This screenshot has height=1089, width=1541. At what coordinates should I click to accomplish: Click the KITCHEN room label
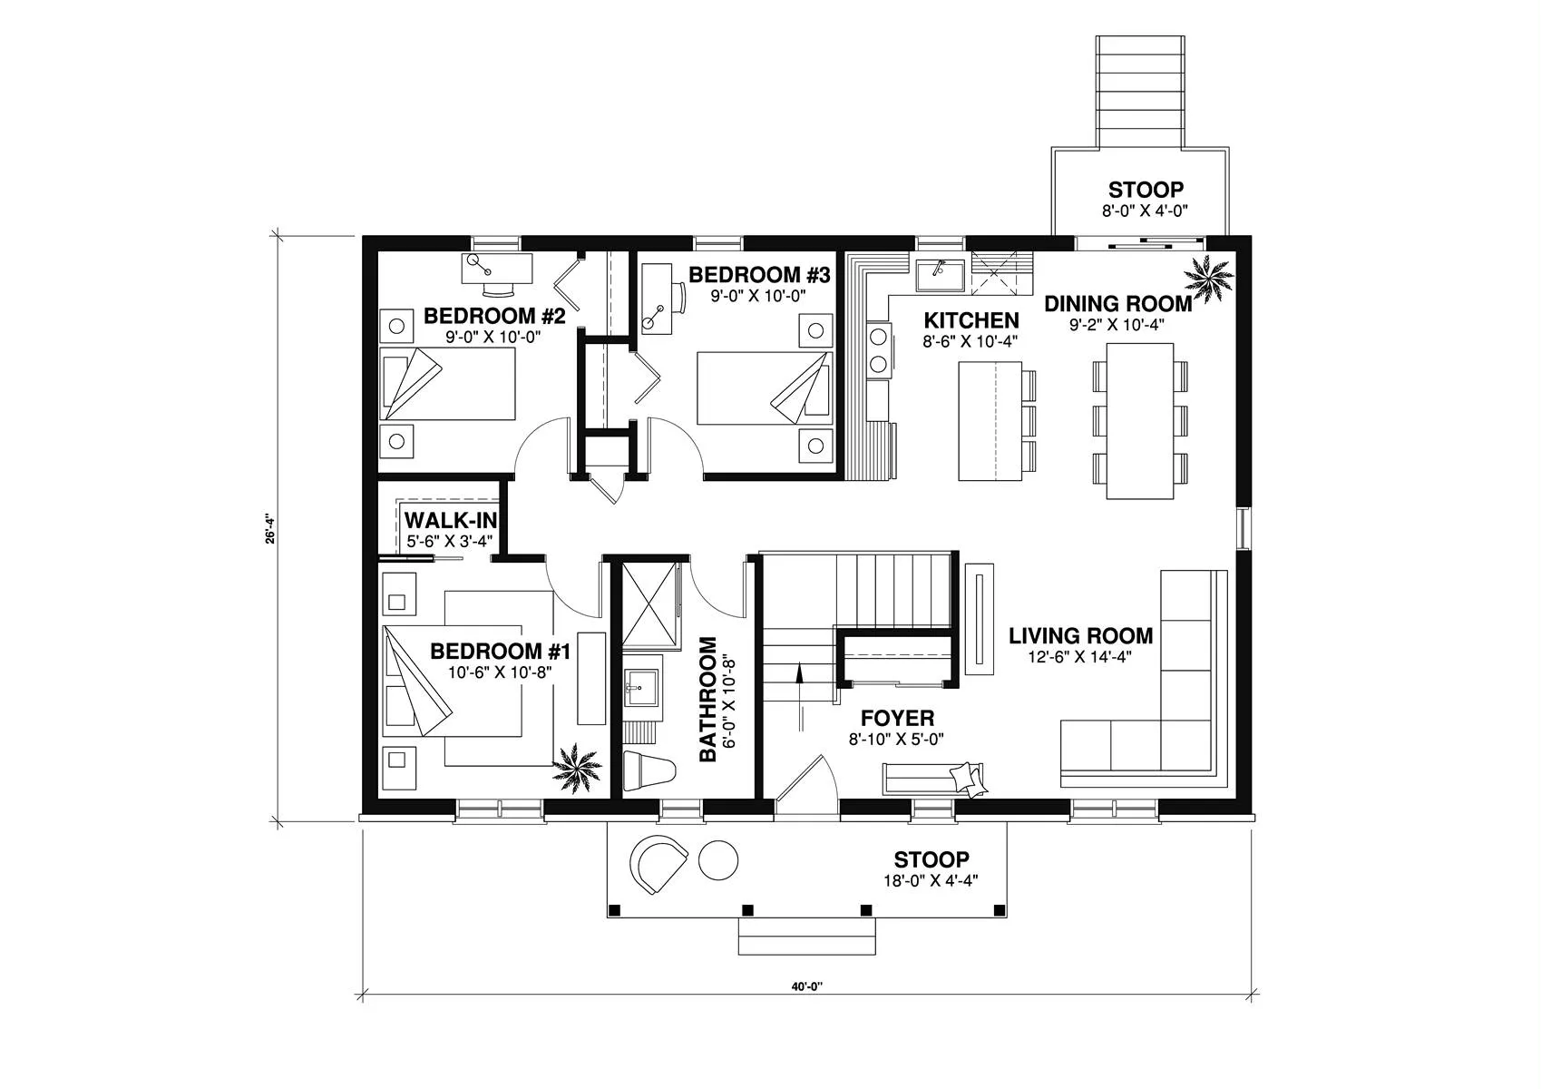coord(970,320)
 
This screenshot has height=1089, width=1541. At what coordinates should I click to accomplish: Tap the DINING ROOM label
coord(1118,304)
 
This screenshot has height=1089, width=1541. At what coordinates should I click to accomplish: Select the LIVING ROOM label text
coord(1080,635)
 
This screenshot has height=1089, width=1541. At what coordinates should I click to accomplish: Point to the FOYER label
coord(897,718)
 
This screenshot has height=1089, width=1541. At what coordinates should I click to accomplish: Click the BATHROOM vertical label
coord(707,699)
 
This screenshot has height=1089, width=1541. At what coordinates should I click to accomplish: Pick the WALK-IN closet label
coord(451,520)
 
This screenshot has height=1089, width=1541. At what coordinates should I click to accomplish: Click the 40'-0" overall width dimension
coord(806,986)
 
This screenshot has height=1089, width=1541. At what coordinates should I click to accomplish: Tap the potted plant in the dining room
coord(1208,278)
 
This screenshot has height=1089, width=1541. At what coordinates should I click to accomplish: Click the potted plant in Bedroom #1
coord(577,769)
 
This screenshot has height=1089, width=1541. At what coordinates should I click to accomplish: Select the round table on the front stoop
coord(718,859)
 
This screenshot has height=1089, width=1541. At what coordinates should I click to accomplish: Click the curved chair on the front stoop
coord(658,865)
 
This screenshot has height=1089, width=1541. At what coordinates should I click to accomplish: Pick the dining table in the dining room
coord(1139,420)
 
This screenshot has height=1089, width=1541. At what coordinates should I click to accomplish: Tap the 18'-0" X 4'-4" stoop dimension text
coord(931,880)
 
